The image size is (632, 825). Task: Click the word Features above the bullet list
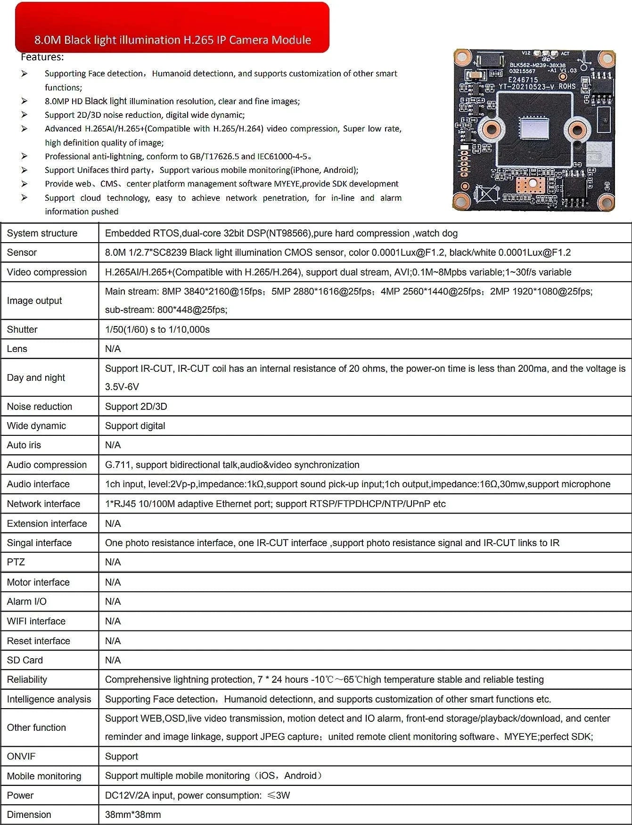(42, 57)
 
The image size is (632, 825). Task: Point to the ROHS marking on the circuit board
(567, 86)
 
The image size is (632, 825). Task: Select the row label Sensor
(22, 253)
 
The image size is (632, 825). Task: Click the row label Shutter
(22, 329)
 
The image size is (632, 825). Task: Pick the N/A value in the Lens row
(113, 349)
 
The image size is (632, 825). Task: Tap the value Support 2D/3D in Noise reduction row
(136, 406)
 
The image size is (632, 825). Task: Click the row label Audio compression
(47, 465)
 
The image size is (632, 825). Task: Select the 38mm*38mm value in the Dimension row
(133, 815)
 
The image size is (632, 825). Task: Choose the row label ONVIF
(21, 756)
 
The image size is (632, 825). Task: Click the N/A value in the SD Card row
(113, 660)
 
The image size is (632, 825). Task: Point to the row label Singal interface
(39, 543)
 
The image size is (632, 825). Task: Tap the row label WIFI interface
(36, 621)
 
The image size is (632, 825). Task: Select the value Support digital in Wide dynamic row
(135, 426)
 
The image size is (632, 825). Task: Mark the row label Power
(20, 795)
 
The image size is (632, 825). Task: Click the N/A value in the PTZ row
(113, 562)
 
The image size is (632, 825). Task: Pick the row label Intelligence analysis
(49, 699)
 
